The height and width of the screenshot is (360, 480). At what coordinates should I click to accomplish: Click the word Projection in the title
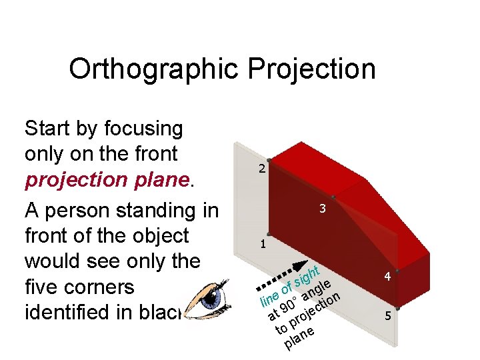(311, 69)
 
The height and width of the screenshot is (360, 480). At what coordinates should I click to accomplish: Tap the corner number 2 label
(262, 169)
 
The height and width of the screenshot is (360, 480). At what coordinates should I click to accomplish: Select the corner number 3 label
(322, 209)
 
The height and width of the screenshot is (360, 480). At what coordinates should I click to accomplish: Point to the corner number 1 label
(263, 244)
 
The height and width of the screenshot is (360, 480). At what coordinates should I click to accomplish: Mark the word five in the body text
(45, 287)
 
